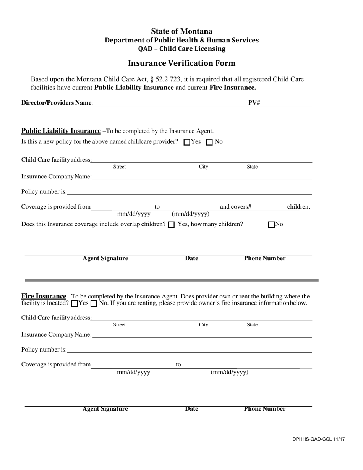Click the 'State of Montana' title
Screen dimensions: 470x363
[x=181, y=31]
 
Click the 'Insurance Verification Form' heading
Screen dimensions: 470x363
[x=181, y=63]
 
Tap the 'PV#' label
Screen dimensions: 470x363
[x=254, y=103]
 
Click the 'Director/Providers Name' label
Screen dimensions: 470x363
[x=57, y=103]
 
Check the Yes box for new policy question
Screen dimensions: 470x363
[x=187, y=142]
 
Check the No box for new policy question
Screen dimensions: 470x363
[x=209, y=142]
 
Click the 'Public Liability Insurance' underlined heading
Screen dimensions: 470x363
[x=61, y=131]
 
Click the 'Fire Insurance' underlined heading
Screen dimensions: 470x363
[x=44, y=296]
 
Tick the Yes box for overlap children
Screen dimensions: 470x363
[x=172, y=225]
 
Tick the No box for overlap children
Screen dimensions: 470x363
[x=272, y=225]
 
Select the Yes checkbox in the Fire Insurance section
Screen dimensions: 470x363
[x=75, y=304]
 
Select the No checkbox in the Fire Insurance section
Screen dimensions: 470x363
[x=94, y=304]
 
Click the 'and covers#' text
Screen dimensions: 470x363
[x=235, y=207]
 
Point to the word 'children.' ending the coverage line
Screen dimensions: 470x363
[x=298, y=207]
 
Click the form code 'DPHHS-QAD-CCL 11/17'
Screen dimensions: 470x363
[x=319, y=439]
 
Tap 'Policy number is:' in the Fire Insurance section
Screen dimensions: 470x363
[x=44, y=350]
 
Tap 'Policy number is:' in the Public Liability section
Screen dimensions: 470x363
[x=44, y=191]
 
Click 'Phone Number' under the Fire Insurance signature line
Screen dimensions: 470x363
[x=264, y=409]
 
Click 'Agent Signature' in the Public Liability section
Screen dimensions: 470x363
[x=105, y=258]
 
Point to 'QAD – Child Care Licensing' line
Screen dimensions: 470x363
[x=181, y=49]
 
